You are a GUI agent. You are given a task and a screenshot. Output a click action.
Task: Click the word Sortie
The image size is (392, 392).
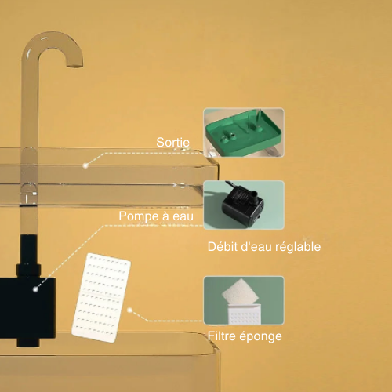coord(172,143)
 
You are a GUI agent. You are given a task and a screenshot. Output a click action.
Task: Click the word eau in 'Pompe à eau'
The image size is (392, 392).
coord(183,216)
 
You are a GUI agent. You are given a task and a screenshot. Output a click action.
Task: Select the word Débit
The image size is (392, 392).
coord(219,247)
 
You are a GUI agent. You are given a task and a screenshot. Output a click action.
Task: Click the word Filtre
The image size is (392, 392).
coord(222,336)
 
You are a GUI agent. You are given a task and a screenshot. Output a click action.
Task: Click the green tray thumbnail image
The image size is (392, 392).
coord(244,132)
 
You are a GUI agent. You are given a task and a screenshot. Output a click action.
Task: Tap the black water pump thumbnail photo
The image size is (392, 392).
coord(244,205)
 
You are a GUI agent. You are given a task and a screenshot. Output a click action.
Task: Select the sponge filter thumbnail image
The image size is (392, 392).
coord(244,300)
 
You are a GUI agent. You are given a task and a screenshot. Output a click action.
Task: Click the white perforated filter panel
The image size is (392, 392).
coord(101,298)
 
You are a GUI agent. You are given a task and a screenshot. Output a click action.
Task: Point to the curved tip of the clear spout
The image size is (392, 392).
coord(74,64)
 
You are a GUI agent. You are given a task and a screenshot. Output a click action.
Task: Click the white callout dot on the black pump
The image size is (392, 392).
coord(35,289)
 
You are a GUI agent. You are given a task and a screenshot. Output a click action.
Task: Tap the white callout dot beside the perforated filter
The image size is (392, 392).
coord(129,310)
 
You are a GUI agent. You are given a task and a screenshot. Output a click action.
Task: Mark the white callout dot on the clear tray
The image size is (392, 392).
coord(85,165)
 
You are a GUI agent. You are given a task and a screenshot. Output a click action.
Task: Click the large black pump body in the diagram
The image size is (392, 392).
coord(27,308)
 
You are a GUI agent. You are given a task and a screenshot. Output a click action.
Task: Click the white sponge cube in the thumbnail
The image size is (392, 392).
coord(240,292)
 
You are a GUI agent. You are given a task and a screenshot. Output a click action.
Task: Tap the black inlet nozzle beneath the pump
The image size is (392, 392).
coord(28,343)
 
